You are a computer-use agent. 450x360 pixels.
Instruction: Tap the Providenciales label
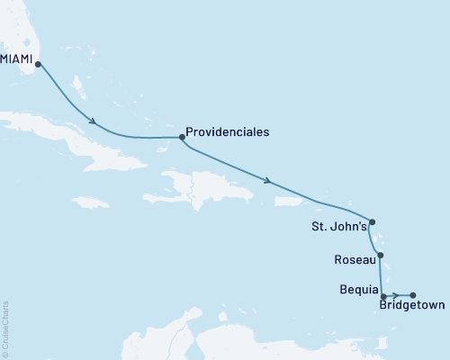[227, 130]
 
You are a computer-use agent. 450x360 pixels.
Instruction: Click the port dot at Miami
[38, 64]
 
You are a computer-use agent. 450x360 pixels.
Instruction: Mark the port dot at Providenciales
[182, 138]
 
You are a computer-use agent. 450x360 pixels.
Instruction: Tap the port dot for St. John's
[372, 222]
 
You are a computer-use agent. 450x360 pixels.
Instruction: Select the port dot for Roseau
[381, 256]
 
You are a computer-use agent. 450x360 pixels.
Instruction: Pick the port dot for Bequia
[384, 295]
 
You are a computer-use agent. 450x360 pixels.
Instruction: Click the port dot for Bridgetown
[413, 295]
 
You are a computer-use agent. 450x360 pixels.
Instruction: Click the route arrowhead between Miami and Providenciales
[93, 121]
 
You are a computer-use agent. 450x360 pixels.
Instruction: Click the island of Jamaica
[90, 202]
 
